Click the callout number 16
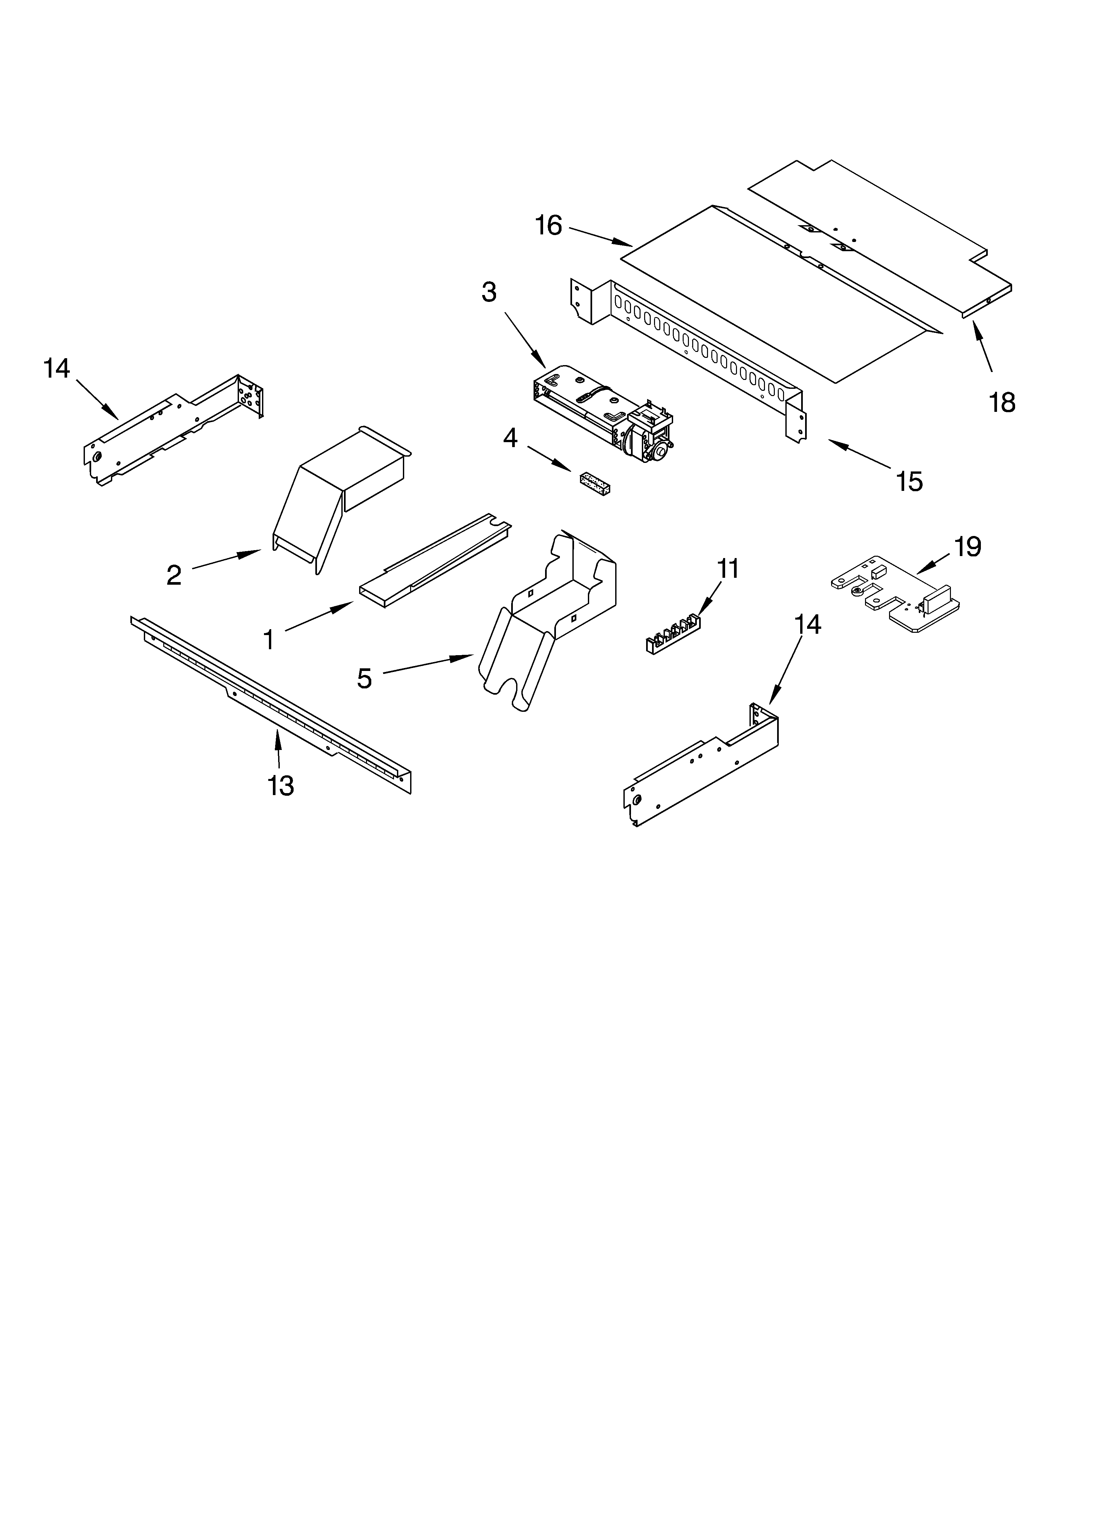548,226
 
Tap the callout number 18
1001,403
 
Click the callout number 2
174,575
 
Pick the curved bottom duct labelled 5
537,631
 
